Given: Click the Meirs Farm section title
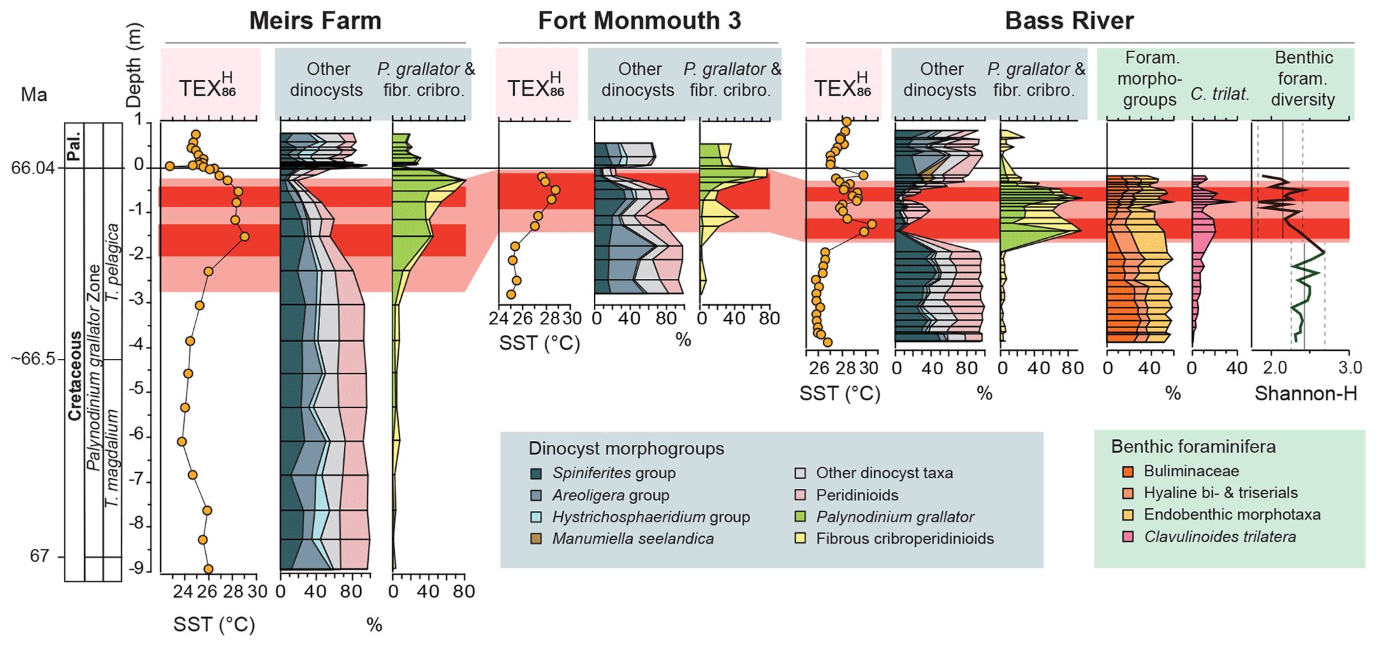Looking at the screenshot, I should [315, 21].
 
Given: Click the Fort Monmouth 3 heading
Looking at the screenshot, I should [639, 21].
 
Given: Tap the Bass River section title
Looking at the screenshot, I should [1069, 21].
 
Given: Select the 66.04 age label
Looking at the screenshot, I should [33, 168].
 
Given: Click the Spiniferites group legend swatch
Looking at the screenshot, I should [535, 474].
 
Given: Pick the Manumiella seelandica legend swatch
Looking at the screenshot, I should [535, 539].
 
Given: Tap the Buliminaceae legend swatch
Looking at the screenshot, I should [1127, 472].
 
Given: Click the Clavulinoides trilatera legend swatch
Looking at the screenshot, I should [1127, 537].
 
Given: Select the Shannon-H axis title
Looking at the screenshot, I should [1305, 394].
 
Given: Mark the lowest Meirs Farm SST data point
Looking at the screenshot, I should [208, 569].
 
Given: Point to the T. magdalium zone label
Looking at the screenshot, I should [113, 458].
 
